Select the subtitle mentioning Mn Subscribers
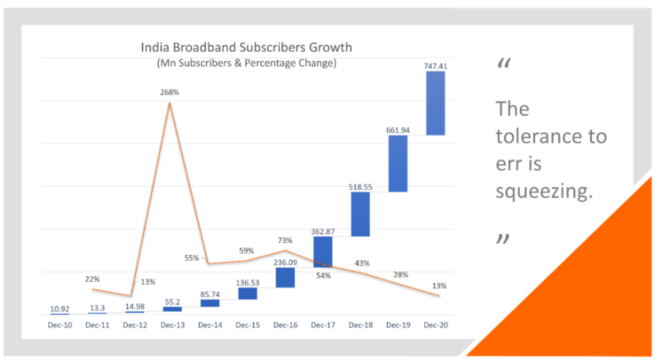(x=246, y=63)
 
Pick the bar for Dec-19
(x=397, y=164)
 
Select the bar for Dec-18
(x=360, y=214)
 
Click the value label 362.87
(x=322, y=231)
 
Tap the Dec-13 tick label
(x=172, y=323)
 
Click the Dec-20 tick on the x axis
(x=435, y=323)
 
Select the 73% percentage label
(x=285, y=240)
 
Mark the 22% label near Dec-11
(x=93, y=278)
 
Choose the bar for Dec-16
(x=285, y=277)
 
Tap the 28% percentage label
(x=401, y=274)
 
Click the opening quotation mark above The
(x=503, y=65)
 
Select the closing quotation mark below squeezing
(x=502, y=239)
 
